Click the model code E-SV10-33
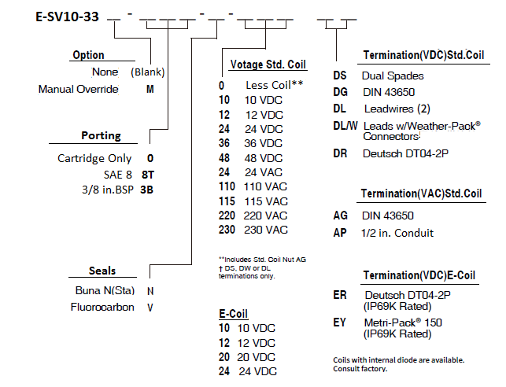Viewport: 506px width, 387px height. coord(67,17)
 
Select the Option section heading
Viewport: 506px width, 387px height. coord(88,55)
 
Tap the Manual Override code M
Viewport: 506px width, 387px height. coord(150,89)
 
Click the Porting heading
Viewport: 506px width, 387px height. coord(101,136)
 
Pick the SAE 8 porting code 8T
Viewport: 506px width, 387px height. coord(148,175)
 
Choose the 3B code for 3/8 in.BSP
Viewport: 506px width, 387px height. coord(146,190)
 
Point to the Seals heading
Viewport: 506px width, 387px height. coord(102,271)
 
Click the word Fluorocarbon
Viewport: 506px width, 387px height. coord(102,307)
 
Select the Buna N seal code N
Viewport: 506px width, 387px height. coord(150,291)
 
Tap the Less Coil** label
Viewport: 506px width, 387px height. coord(275,85)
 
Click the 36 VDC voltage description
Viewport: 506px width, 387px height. coord(264,143)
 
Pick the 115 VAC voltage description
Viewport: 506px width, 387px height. coord(266,201)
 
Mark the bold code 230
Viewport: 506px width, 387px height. coord(227,230)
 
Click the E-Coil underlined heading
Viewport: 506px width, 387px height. coord(233,314)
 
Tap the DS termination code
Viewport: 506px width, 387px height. coord(340,76)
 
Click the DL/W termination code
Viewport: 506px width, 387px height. coord(345,126)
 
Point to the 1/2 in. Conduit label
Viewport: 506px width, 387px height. coord(397,233)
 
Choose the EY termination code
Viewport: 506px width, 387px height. coord(339,322)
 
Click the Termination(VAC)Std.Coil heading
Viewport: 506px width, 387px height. coord(422,193)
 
